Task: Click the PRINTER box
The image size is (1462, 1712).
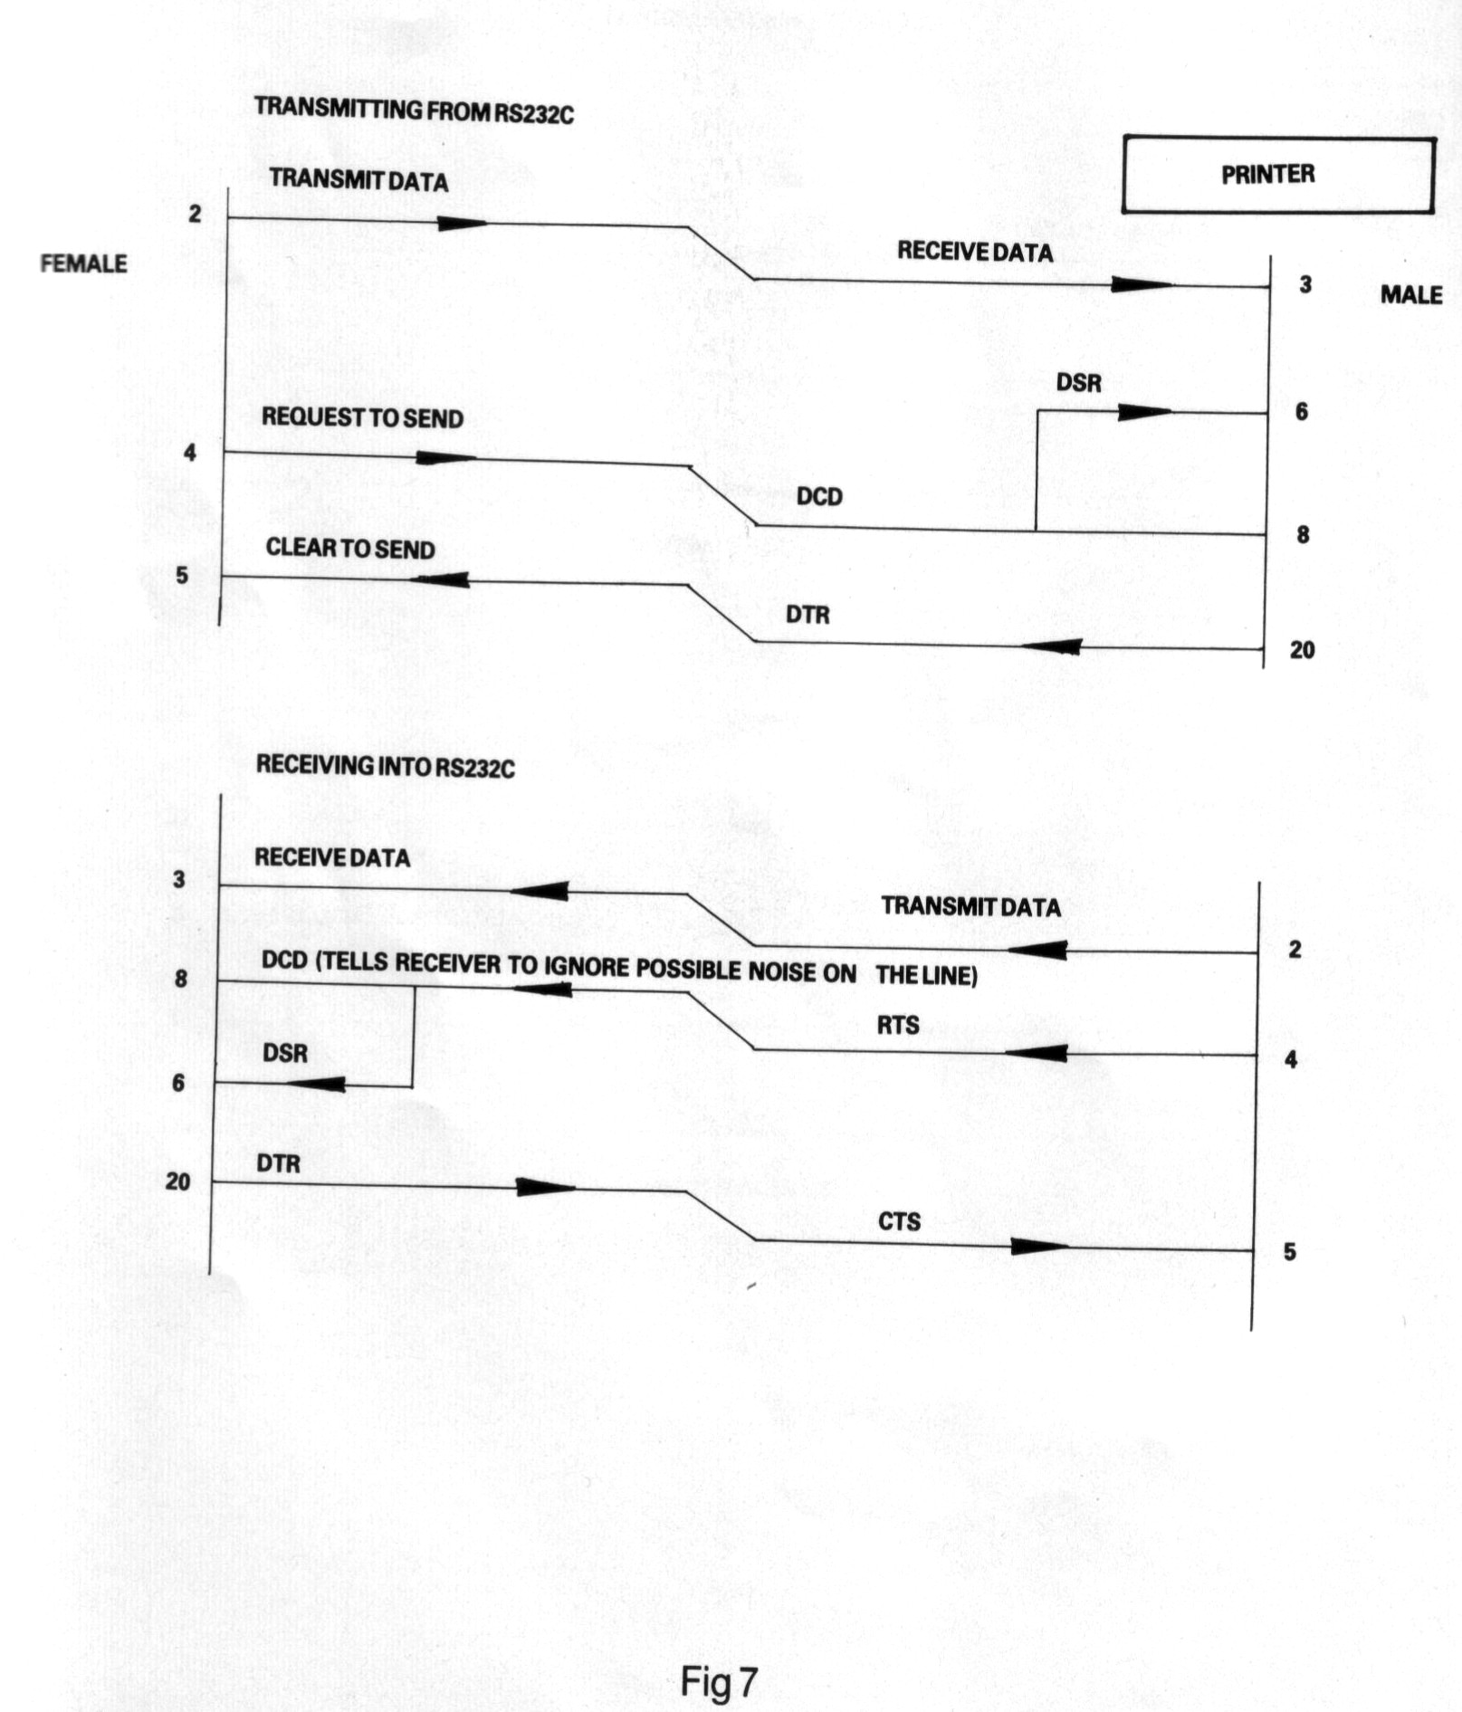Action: (x=1277, y=175)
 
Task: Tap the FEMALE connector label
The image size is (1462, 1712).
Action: (x=83, y=263)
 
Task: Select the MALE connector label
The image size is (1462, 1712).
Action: (x=1410, y=295)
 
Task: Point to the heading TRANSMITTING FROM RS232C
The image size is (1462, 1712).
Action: (x=414, y=110)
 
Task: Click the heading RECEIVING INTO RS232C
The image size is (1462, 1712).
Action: (x=385, y=767)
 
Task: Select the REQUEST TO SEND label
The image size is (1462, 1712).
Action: (x=362, y=418)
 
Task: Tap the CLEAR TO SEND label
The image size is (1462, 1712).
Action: (x=350, y=549)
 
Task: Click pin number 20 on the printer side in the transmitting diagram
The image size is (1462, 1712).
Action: (x=1302, y=650)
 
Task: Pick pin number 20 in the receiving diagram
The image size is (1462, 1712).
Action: (x=177, y=1181)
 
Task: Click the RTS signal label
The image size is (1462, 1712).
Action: (x=898, y=1026)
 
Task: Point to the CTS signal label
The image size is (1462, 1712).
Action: (x=899, y=1221)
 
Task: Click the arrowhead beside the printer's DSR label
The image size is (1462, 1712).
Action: (x=1144, y=413)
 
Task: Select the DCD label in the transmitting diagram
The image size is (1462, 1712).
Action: (x=819, y=497)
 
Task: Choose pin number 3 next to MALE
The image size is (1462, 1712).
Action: (x=1304, y=284)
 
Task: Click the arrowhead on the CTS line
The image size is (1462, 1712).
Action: (x=1038, y=1247)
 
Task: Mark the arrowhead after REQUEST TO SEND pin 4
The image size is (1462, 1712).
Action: (x=445, y=458)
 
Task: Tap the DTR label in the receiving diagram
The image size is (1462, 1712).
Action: (x=278, y=1163)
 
